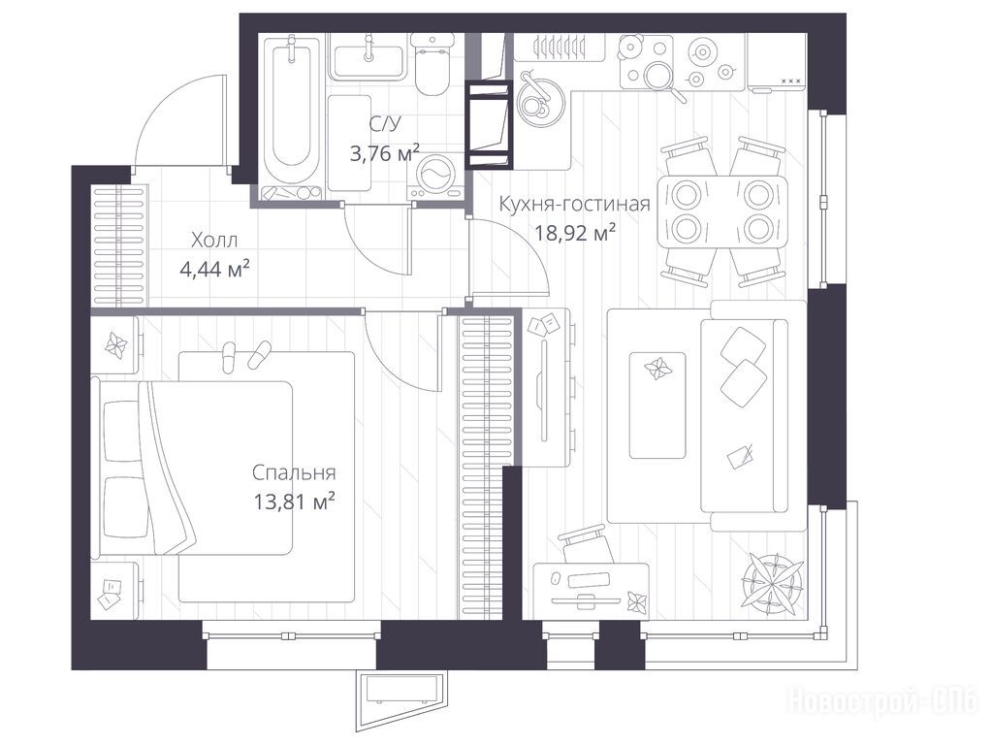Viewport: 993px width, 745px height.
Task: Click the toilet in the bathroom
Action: click(432, 63)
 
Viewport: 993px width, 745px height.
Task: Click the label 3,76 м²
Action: click(384, 152)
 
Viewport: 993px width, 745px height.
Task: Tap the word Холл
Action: click(214, 241)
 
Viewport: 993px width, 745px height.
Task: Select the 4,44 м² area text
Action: click(214, 270)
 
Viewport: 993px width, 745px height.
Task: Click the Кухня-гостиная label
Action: click(574, 204)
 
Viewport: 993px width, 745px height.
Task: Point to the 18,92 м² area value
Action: click(576, 234)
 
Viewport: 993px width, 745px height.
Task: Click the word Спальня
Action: click(294, 472)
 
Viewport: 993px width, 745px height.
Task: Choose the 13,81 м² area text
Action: click(294, 502)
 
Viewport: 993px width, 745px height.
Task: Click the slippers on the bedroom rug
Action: click(245, 355)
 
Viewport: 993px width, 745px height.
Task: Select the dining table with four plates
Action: click(721, 211)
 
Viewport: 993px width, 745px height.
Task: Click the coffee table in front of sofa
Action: click(657, 405)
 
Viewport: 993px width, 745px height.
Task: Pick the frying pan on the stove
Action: click(661, 81)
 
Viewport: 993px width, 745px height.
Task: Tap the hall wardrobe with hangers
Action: click(119, 247)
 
